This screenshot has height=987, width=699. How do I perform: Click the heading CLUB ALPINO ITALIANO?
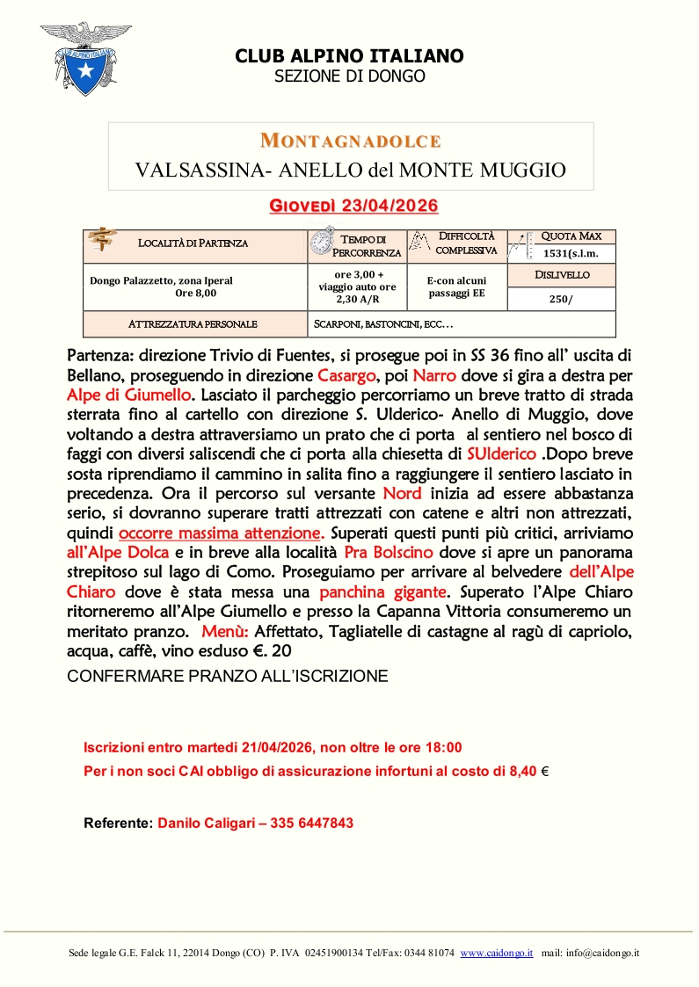[349, 56]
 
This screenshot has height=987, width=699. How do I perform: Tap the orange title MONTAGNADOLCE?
[351, 141]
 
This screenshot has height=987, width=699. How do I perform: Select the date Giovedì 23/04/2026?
[353, 206]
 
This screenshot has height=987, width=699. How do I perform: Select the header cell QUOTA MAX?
[571, 236]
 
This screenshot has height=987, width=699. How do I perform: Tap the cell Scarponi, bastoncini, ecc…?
[383, 324]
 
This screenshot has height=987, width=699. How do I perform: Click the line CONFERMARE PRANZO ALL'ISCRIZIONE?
[228, 676]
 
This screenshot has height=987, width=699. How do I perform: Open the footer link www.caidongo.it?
[497, 953]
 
